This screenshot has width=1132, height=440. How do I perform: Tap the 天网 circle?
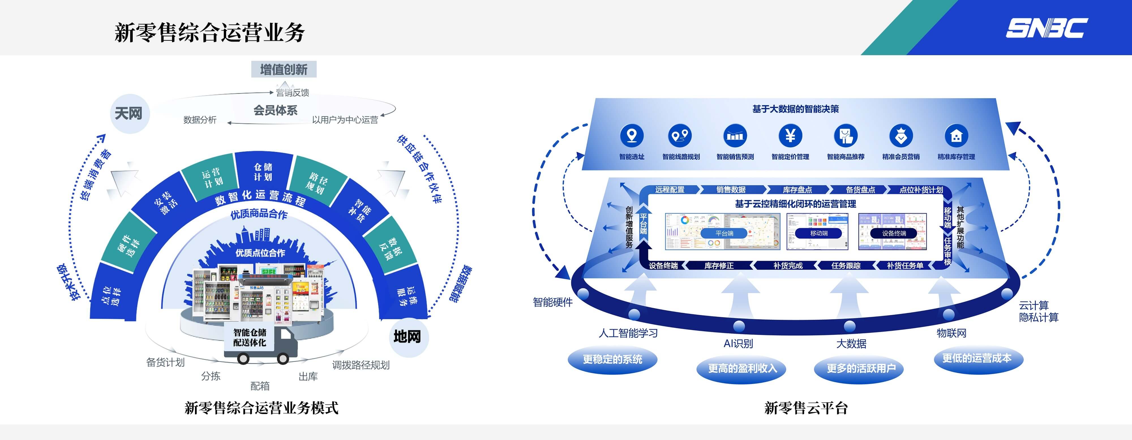[x=129, y=114]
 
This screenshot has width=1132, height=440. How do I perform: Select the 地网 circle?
[x=407, y=337]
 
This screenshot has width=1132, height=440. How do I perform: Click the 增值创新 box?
[x=284, y=69]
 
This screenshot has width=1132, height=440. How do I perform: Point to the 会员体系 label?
[x=276, y=110]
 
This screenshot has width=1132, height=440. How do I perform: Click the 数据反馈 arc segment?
[x=391, y=249]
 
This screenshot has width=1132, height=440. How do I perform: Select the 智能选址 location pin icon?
[x=632, y=135]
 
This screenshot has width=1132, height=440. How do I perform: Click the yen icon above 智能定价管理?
[x=790, y=135]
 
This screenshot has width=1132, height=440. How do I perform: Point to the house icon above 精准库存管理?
[x=956, y=135]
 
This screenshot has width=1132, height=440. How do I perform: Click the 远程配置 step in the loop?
[x=670, y=190]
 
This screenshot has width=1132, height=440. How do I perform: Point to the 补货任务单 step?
[x=904, y=265]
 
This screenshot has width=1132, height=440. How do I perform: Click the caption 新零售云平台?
[x=806, y=408]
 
